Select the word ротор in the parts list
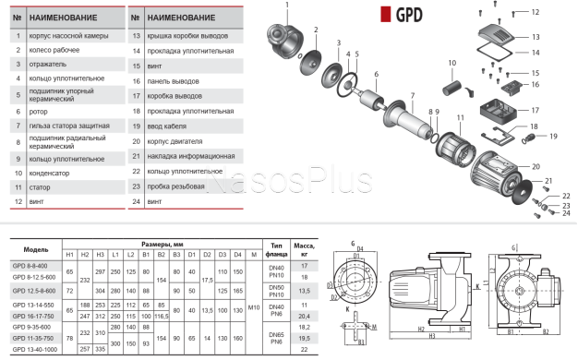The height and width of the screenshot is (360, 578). point(42,109)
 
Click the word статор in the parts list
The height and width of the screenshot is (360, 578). point(44,186)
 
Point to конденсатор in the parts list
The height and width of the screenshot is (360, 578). point(53,171)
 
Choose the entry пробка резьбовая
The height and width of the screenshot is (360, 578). point(180,186)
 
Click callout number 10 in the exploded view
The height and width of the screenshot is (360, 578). point(452,64)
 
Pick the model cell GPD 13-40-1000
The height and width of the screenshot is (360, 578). point(34,350)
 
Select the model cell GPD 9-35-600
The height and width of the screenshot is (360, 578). point(31,326)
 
